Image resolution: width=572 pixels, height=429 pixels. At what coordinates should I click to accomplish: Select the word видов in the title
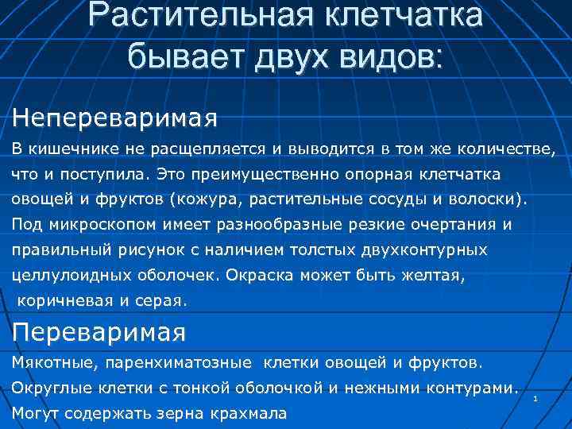coord(395,56)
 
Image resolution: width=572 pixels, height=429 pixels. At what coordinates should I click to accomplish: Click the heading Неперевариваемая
coord(114,118)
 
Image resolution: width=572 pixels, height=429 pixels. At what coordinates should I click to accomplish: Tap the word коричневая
coord(63,301)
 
